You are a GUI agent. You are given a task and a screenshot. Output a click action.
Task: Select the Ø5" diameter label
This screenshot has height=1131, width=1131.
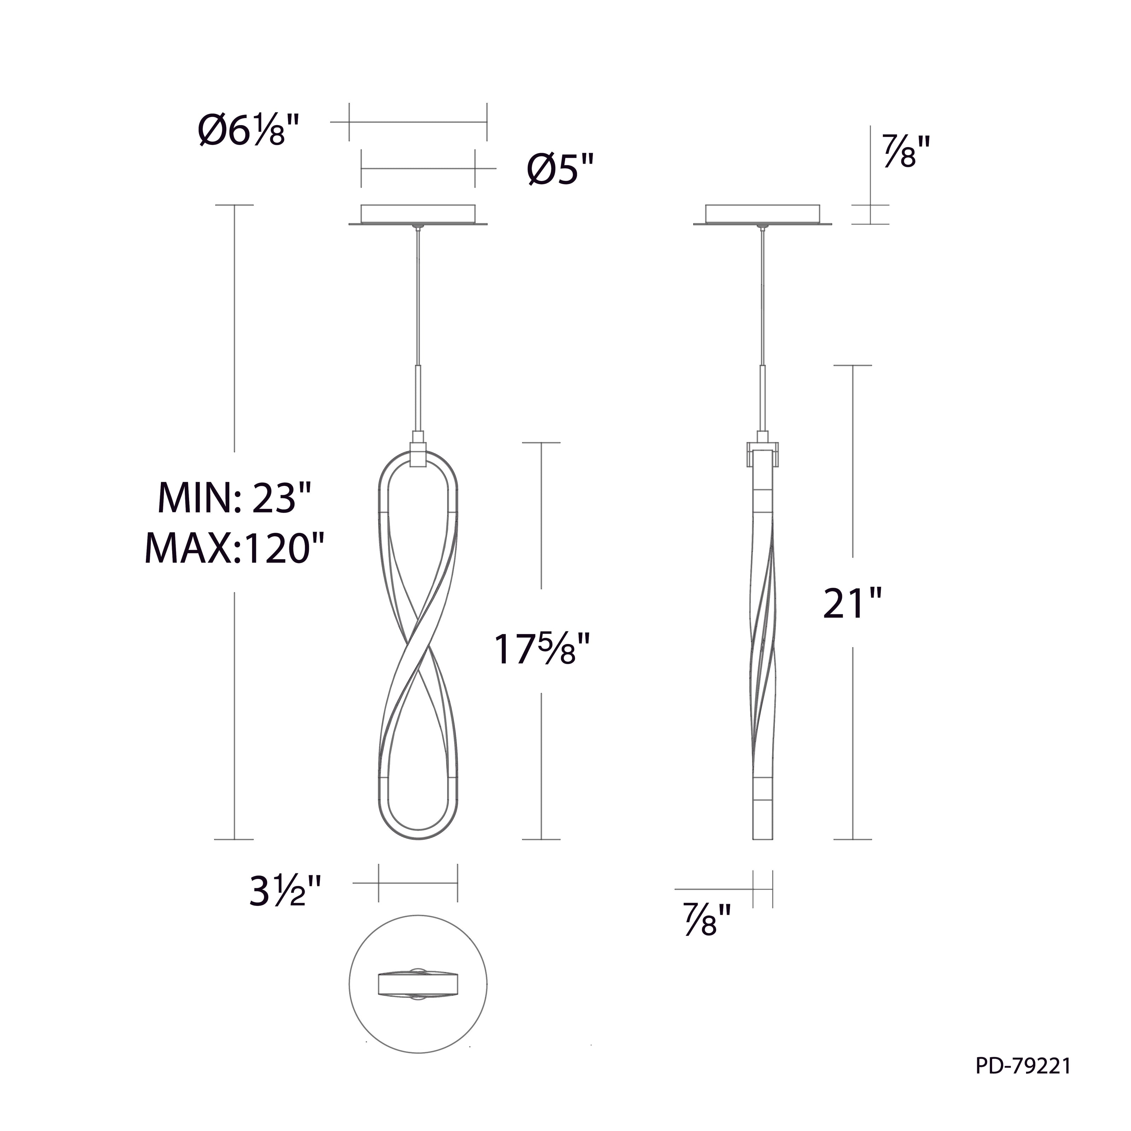tap(561, 170)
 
